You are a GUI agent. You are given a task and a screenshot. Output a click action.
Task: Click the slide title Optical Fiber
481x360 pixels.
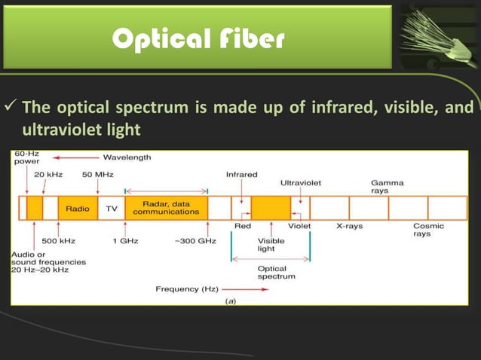tap(198, 40)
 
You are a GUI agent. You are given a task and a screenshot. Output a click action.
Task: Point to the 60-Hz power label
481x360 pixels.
tap(27, 157)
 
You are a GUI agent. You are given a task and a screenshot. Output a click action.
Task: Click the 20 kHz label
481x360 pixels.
tap(49, 175)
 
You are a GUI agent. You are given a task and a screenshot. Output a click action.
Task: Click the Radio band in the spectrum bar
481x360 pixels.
tap(78, 209)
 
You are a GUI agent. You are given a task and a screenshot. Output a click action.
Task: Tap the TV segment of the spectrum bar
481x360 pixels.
tap(112, 209)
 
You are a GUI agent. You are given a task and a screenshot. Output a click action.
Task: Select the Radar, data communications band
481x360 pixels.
tap(166, 208)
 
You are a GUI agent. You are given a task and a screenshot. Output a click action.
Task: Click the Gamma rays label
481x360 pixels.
tap(387, 186)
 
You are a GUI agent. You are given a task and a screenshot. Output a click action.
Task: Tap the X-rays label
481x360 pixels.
tap(349, 225)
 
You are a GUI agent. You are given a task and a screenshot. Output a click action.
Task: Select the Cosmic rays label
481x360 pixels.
tap(428, 230)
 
